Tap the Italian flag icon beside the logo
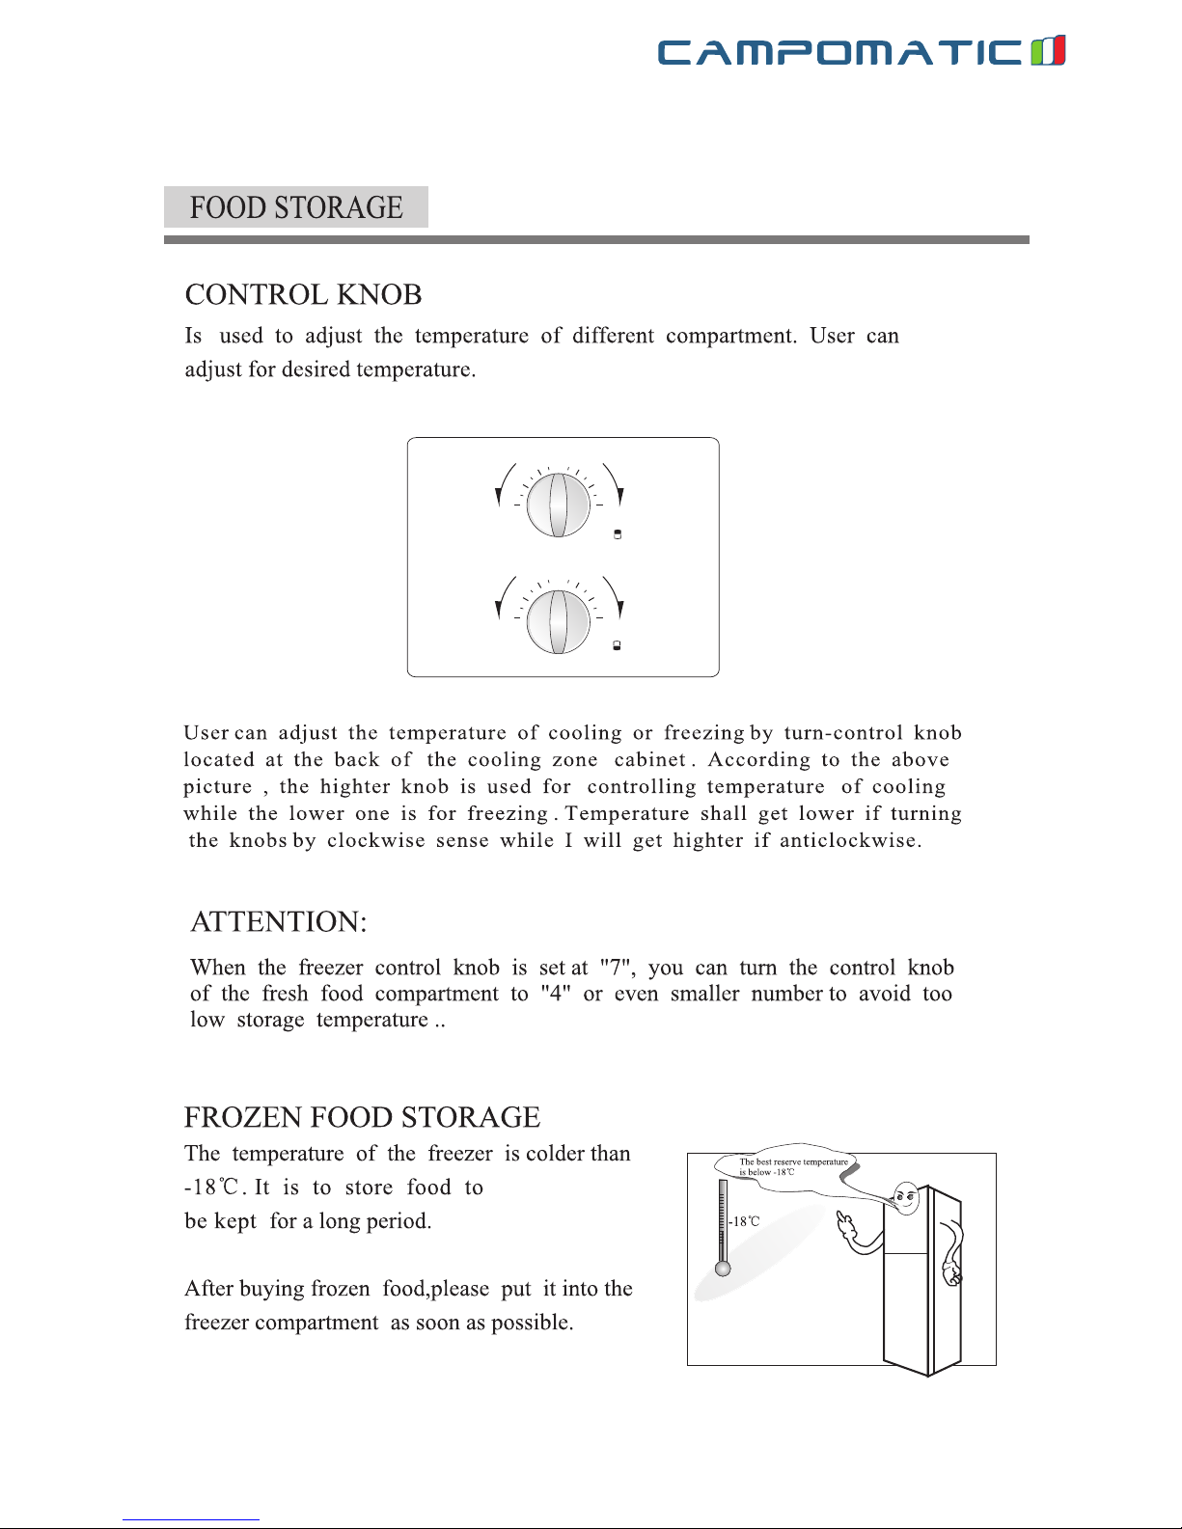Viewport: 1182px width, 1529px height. tap(1048, 50)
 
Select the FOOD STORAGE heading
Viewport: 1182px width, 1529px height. tap(295, 207)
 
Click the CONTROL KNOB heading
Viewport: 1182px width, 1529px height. tap(303, 294)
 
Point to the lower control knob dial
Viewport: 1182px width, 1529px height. tap(558, 620)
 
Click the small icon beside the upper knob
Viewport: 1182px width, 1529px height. tap(618, 534)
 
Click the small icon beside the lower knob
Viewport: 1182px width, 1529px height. tap(618, 646)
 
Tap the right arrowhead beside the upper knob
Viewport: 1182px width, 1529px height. tap(620, 497)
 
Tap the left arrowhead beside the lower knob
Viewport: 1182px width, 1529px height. tap(498, 610)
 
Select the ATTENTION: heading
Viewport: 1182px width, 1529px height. tap(278, 921)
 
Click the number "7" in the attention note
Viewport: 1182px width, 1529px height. tap(616, 968)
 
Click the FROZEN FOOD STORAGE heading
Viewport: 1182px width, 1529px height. tap(362, 1117)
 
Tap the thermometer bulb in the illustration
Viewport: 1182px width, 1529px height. tap(723, 1269)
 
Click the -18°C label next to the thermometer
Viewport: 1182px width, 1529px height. tap(744, 1221)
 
